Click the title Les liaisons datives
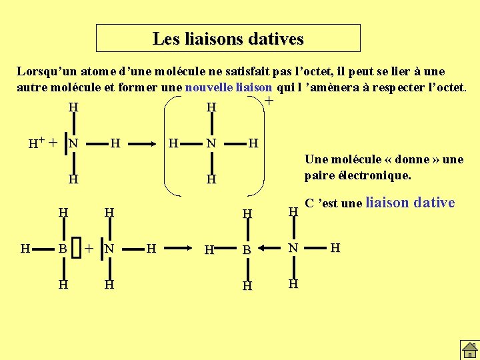[x=228, y=39]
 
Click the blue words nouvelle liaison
[x=229, y=87]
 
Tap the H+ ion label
[x=35, y=143]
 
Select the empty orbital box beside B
[x=76, y=249]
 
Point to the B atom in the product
[x=246, y=250]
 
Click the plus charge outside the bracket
[x=269, y=101]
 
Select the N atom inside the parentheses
[x=211, y=143]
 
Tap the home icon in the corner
[x=469, y=349]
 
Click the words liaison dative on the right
[x=410, y=203]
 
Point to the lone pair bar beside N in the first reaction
[x=65, y=143]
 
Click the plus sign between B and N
[x=89, y=249]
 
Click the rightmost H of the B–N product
[x=335, y=249]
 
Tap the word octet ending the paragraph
[x=450, y=87]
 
